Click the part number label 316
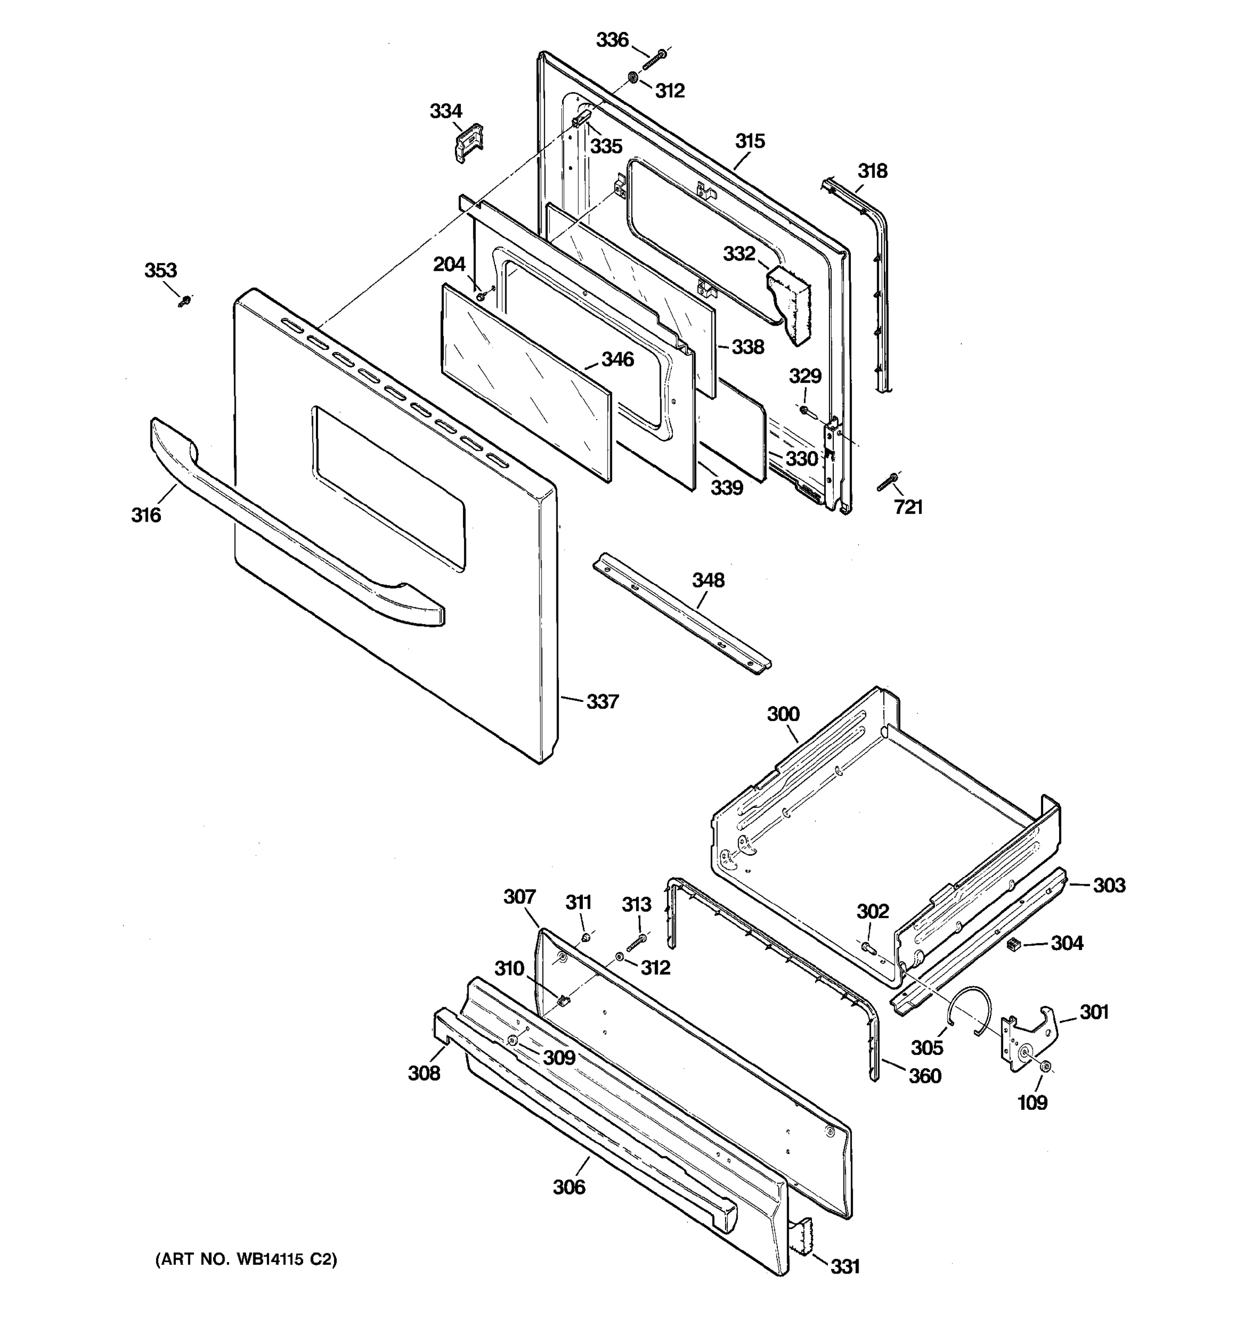[146, 515]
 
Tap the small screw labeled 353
[185, 301]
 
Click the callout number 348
[708, 581]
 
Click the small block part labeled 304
[1012, 945]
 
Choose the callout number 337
[602, 701]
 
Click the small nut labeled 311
[586, 937]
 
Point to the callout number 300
[783, 714]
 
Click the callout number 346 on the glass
[617, 360]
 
